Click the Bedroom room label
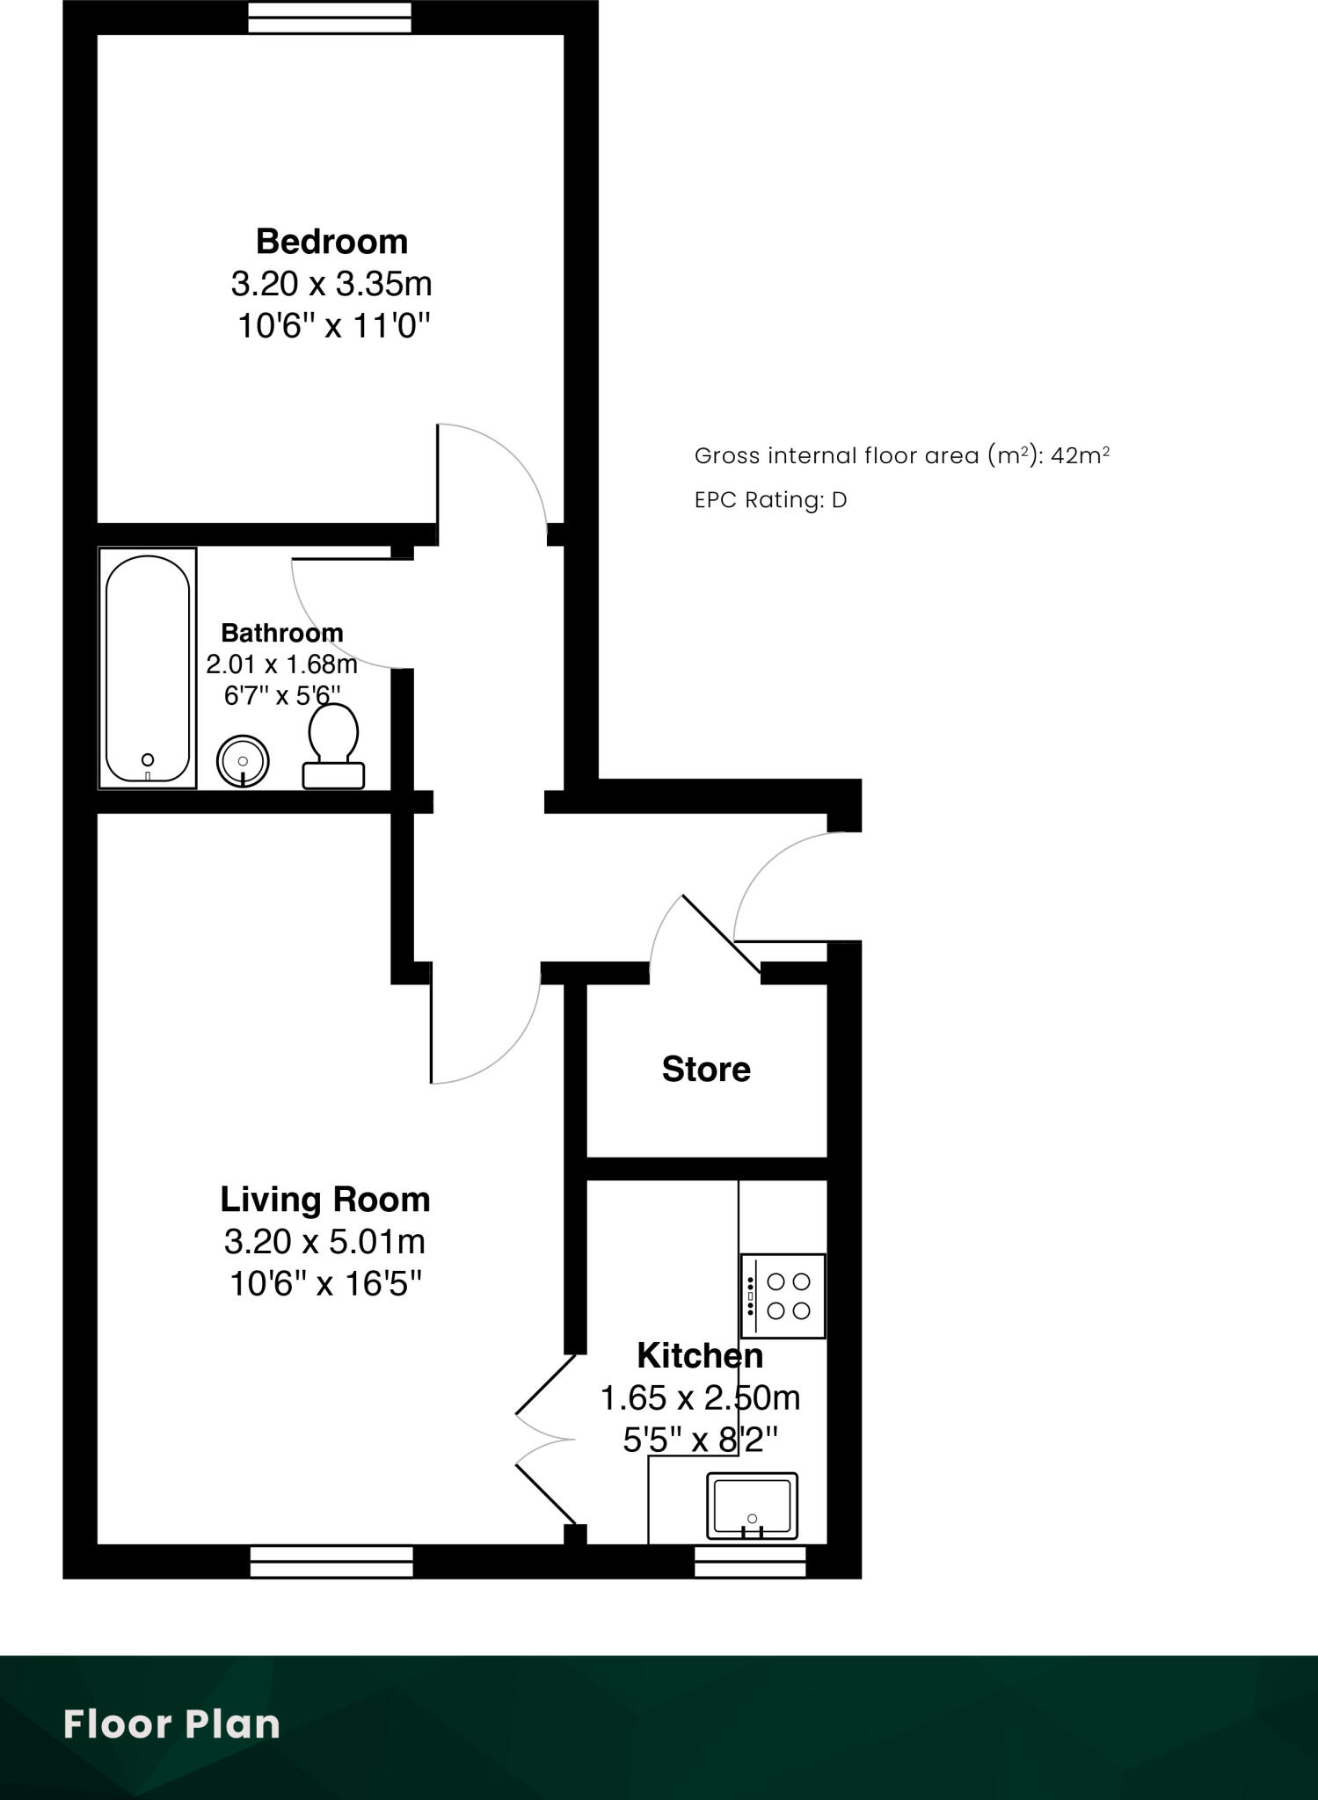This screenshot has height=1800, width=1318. (x=331, y=242)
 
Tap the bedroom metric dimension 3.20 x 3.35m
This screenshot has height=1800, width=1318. (x=331, y=284)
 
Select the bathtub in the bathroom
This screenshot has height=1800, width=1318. (x=148, y=668)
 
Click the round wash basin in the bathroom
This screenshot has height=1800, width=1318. (x=243, y=760)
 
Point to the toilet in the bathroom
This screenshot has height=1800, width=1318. (x=333, y=747)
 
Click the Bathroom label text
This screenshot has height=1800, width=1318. (x=281, y=633)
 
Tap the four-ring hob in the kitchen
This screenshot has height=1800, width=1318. (x=783, y=1296)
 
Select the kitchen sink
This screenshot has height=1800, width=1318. (x=752, y=1506)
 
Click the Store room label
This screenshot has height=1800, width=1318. (x=706, y=1070)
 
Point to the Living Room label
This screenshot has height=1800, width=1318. (x=324, y=1200)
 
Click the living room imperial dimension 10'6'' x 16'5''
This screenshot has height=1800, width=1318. (x=324, y=1284)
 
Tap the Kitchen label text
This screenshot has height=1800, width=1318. (x=700, y=1355)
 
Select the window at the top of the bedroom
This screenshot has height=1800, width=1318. (x=330, y=18)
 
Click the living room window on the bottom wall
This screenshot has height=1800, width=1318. (x=331, y=1562)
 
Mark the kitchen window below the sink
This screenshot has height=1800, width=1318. (x=750, y=1562)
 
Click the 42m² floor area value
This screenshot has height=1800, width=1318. (x=1080, y=455)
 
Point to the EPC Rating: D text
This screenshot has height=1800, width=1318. (x=770, y=500)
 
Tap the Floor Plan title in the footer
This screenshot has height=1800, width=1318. (x=172, y=1724)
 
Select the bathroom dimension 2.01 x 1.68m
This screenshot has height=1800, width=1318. (x=281, y=664)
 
